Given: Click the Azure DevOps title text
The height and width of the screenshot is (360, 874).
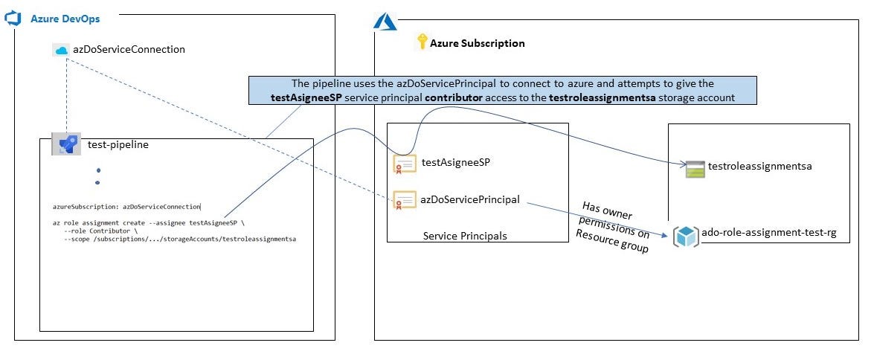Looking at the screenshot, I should coord(65,19).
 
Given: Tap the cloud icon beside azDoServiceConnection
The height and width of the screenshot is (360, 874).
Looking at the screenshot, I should coord(61,50).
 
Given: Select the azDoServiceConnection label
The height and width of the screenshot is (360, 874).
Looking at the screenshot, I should coord(129,50).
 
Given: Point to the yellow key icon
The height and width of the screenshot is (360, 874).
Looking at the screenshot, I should coord(422,42).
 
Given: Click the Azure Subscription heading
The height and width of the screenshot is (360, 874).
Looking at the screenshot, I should coord(477,43).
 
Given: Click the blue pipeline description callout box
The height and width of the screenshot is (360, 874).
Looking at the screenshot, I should coord(502,91).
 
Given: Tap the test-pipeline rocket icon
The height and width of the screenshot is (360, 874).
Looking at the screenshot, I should coord(66,145).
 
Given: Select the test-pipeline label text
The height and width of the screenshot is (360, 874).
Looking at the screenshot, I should coord(118,145).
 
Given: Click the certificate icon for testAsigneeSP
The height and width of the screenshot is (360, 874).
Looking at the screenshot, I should coord(405,164).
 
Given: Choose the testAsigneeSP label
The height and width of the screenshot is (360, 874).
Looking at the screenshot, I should coord(456,162).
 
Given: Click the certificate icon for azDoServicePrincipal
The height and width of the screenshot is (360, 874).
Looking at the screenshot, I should coord(405,201).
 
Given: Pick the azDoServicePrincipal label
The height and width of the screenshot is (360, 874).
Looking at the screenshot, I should coord(470,199).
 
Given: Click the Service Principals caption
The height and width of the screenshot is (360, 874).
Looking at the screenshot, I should coord(465,236).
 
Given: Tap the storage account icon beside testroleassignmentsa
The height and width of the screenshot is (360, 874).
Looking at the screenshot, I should coord(695,169).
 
